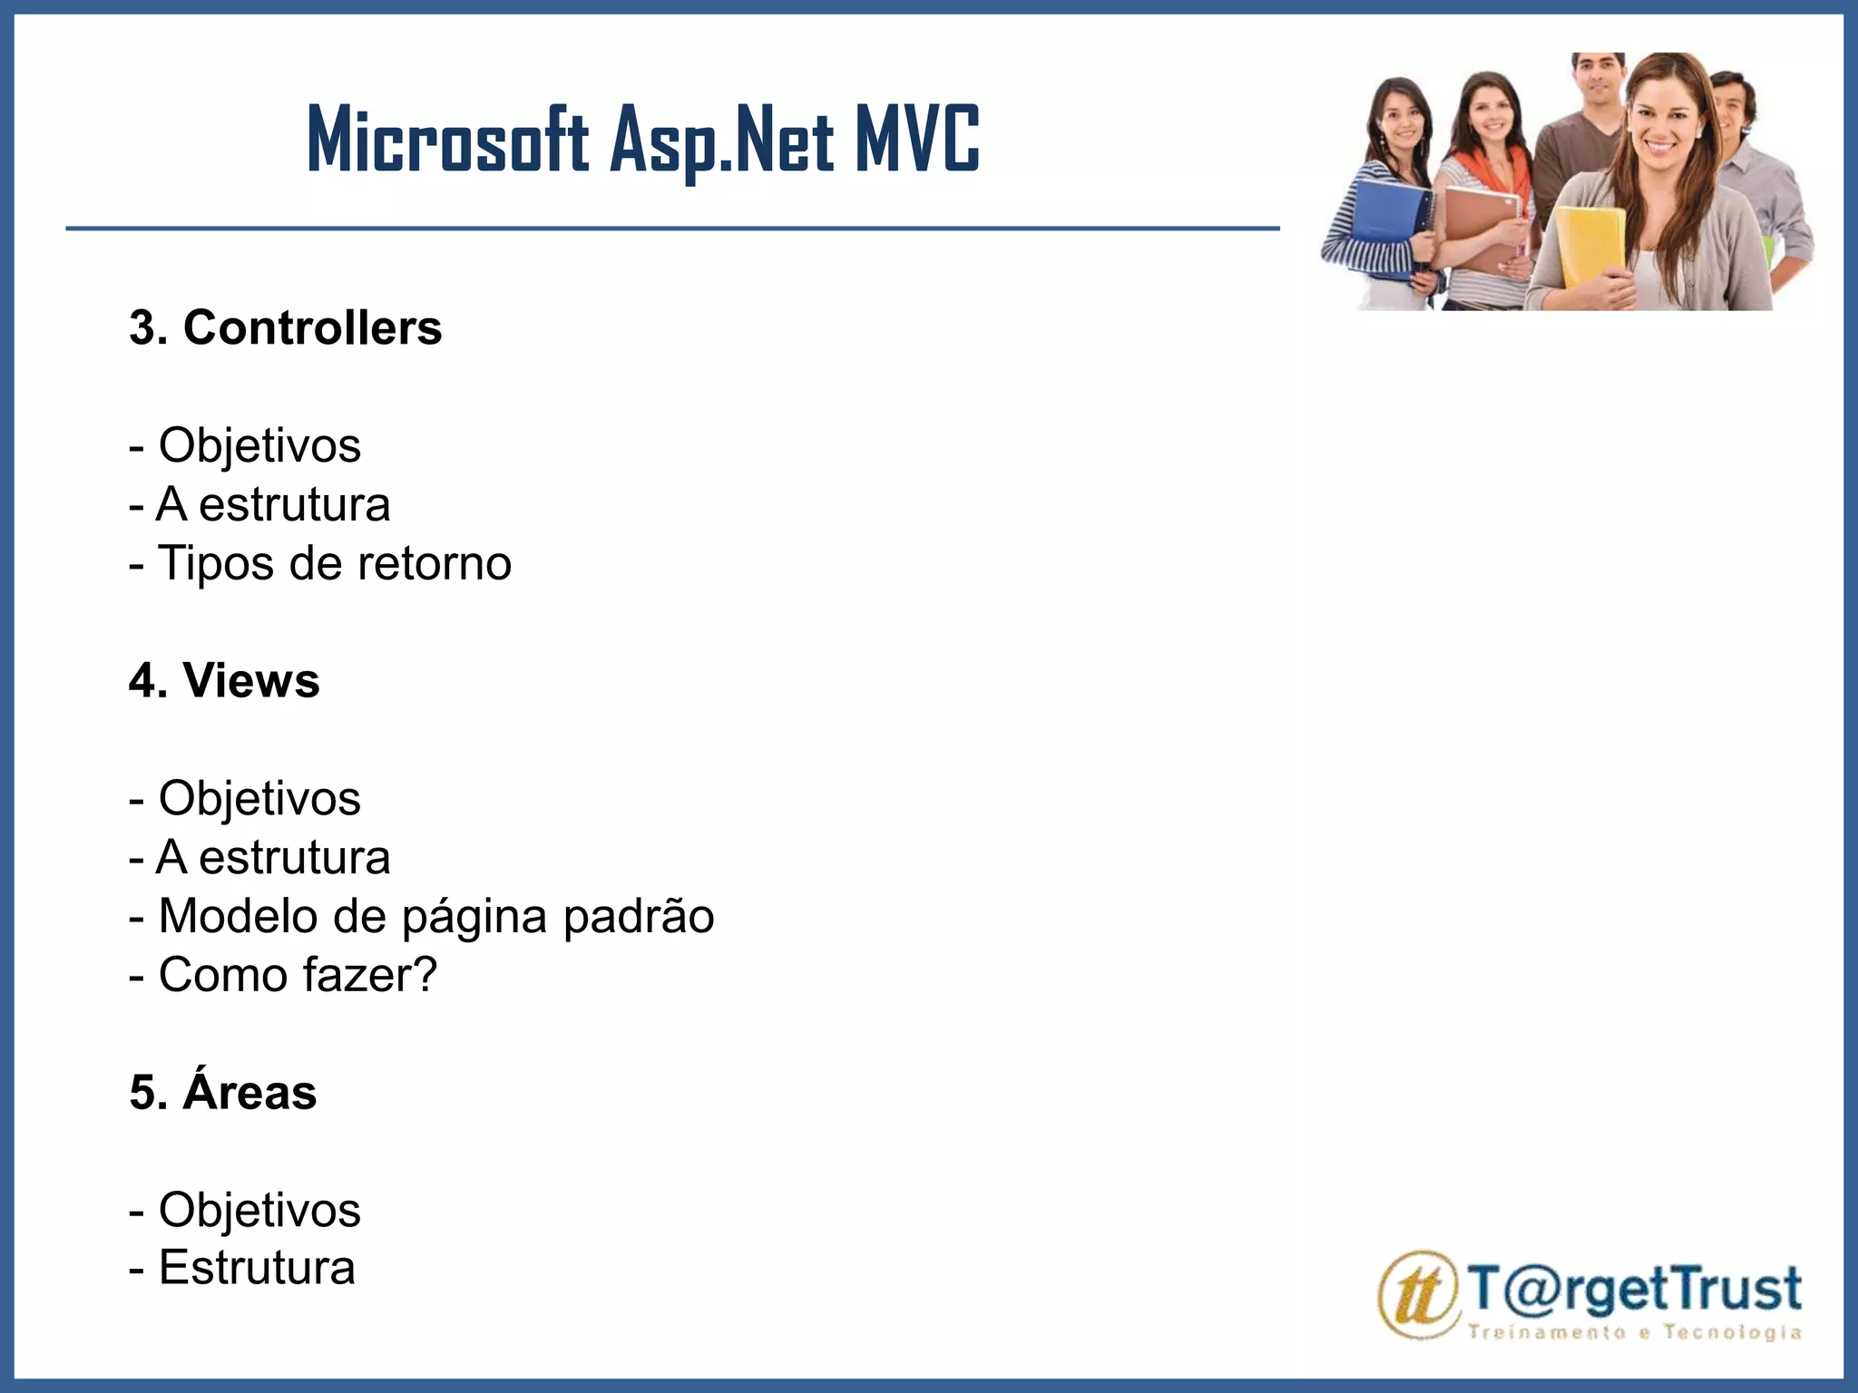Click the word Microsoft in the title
point(448,141)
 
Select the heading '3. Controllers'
point(285,327)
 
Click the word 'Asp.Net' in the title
point(721,141)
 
